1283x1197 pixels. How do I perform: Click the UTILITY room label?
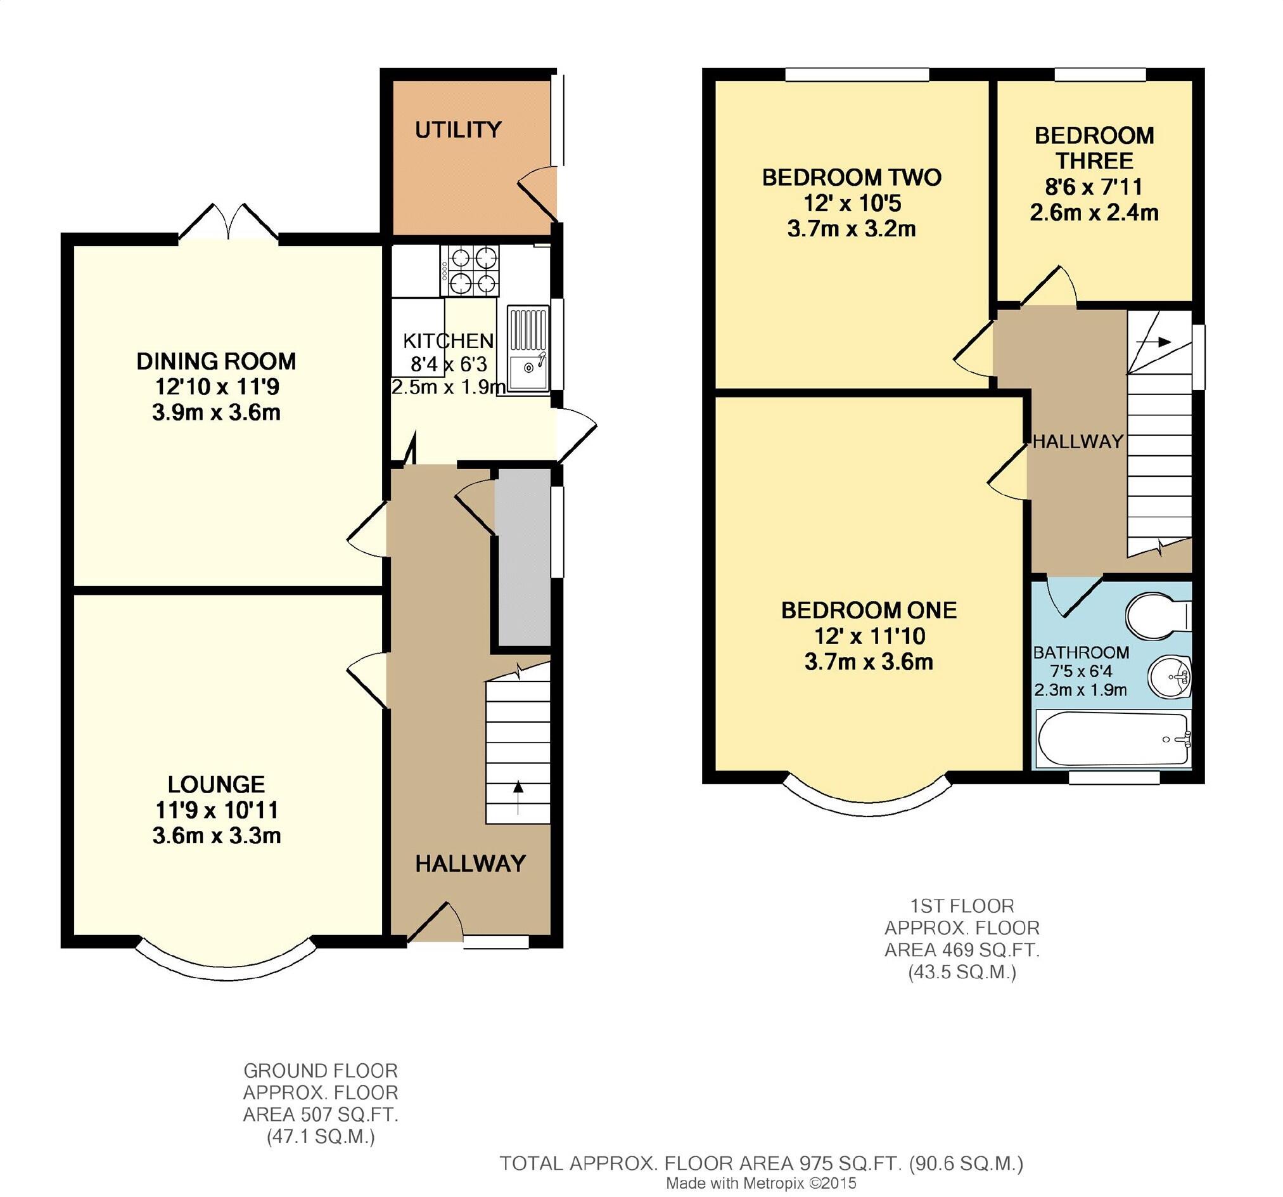point(457,130)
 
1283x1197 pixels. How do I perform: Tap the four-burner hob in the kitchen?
point(470,270)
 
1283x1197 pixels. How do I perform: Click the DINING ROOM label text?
point(216,361)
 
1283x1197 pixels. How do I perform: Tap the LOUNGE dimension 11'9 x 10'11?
point(216,810)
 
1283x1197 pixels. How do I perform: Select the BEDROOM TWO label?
point(852,178)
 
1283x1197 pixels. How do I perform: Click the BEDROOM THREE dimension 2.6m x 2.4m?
point(1094,212)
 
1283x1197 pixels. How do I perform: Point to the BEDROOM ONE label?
point(869,610)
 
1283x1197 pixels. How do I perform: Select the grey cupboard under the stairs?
point(524,557)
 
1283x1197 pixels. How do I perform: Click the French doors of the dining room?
point(228,223)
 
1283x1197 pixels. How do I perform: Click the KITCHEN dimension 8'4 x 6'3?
point(449,364)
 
